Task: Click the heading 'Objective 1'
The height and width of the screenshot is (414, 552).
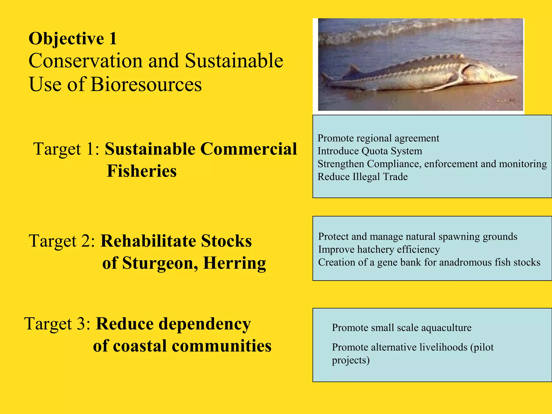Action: click(73, 39)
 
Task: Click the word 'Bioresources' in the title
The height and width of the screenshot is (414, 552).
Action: click(146, 84)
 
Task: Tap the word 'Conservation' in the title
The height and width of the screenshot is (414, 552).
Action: click(85, 61)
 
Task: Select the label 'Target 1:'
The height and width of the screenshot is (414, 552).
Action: click(66, 149)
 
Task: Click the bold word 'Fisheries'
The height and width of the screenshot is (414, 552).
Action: click(142, 171)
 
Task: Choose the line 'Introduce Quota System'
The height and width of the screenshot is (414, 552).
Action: click(370, 151)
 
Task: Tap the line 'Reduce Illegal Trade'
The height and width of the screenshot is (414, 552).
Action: click(363, 177)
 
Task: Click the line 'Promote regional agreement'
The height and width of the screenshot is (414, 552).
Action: click(378, 138)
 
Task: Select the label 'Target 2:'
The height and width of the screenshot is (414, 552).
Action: click(62, 241)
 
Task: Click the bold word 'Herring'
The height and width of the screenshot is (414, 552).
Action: click(234, 263)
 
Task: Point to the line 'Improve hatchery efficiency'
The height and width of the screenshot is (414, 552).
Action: click(379, 249)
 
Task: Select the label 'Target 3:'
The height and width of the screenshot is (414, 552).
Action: click(58, 323)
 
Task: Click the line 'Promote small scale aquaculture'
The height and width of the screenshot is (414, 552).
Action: click(402, 327)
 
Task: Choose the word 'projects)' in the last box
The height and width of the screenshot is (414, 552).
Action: click(350, 360)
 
